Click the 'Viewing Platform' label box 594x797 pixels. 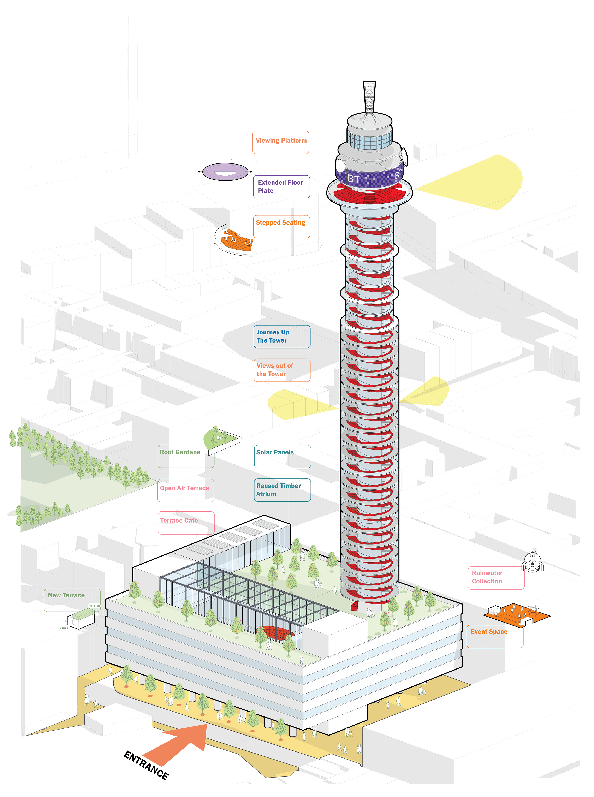click(280, 142)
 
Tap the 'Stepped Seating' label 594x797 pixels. click(281, 226)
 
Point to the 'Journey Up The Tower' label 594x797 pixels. click(282, 337)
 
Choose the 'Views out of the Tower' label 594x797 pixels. click(282, 370)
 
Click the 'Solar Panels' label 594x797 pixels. click(282, 456)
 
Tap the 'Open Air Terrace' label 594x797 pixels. click(185, 490)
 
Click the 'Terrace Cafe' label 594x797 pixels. click(185, 523)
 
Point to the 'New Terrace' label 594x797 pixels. click(72, 599)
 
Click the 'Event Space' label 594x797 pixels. click(495, 636)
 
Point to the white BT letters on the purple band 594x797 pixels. click(354, 179)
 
